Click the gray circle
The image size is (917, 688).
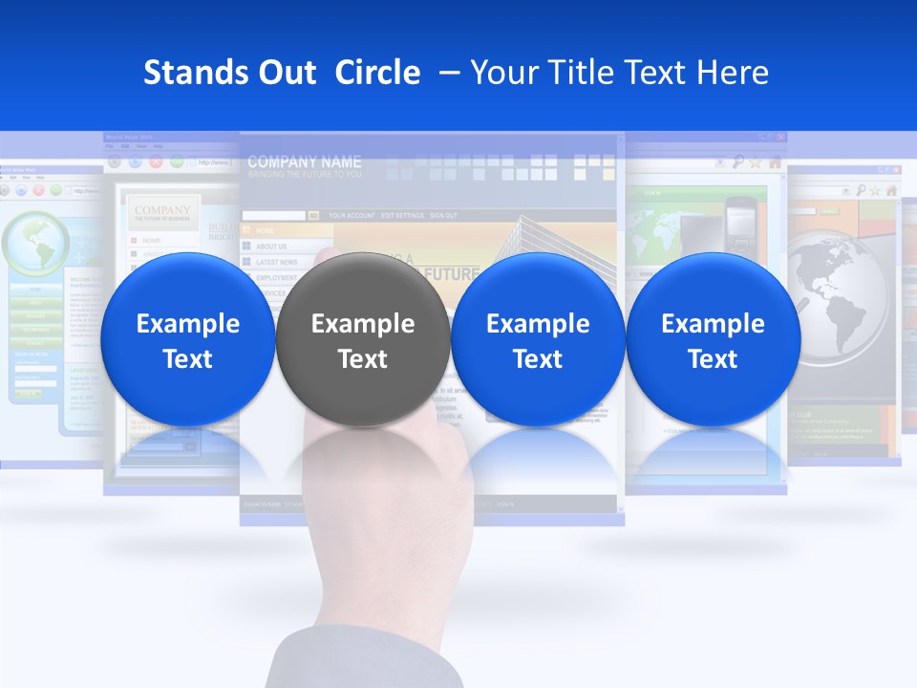pyautogui.click(x=362, y=339)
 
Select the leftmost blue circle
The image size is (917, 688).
pyautogui.click(x=187, y=339)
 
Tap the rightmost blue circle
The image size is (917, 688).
pyautogui.click(x=713, y=339)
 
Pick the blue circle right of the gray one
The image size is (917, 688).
pyautogui.click(x=538, y=339)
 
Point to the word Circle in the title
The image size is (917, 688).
pyautogui.click(x=377, y=73)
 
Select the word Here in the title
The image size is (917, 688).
pyautogui.click(x=732, y=73)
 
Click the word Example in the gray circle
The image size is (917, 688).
pyautogui.click(x=362, y=324)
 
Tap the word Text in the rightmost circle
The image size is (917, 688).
pyautogui.click(x=713, y=359)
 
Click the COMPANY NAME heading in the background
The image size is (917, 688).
pyautogui.click(x=305, y=161)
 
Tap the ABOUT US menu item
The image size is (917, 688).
pyautogui.click(x=271, y=247)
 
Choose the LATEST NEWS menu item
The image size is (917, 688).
pyautogui.click(x=276, y=262)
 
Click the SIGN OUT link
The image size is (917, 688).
pyautogui.click(x=443, y=216)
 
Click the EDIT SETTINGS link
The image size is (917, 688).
pyautogui.click(x=402, y=216)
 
